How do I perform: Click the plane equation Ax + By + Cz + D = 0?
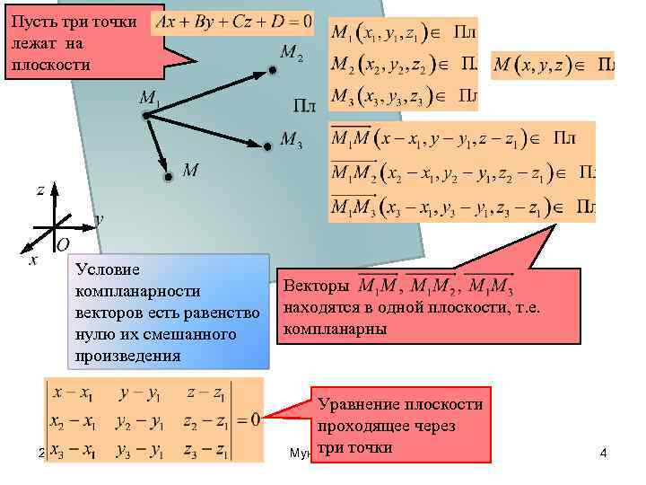[234, 19]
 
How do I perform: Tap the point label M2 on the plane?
[292, 55]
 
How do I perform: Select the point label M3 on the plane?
[292, 139]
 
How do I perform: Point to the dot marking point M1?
[144, 114]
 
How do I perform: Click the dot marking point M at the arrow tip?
[168, 177]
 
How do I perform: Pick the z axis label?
[40, 190]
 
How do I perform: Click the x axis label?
[33, 260]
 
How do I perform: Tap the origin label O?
[63, 245]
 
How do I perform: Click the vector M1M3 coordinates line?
[461, 208]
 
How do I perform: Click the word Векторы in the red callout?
[316, 287]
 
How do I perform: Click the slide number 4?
[603, 454]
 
